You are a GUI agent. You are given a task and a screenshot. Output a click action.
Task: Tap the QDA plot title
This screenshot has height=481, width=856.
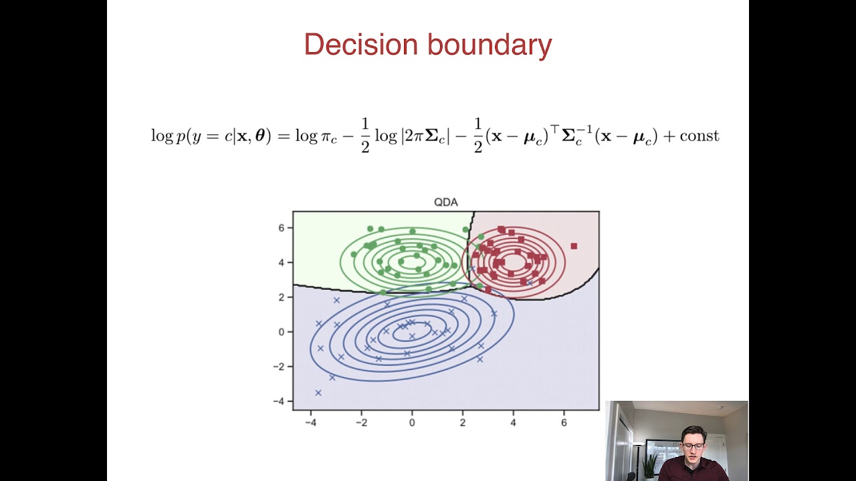pos(446,202)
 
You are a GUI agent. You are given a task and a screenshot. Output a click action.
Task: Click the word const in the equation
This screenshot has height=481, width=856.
pos(699,136)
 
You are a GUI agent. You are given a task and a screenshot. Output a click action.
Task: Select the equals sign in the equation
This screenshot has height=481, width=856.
pos(283,136)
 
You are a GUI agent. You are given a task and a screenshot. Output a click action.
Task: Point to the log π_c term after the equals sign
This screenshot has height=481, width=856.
pos(316,136)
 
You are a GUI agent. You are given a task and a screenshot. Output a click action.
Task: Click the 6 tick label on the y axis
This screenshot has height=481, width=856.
pos(282,228)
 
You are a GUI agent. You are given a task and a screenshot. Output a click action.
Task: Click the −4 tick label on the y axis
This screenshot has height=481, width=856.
pos(278,401)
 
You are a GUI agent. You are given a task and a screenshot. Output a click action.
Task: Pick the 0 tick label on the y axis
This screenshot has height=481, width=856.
pos(282,331)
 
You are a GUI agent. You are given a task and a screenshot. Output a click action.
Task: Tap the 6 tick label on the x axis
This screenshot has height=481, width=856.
pos(564,422)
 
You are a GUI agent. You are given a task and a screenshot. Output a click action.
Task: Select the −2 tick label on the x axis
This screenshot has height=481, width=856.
pos(361,422)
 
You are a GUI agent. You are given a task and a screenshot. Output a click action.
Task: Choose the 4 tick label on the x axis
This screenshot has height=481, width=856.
pos(513,422)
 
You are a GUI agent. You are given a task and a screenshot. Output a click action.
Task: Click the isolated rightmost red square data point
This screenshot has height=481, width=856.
pos(573,247)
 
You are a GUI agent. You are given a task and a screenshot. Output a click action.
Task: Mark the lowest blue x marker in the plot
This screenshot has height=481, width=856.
pos(318,393)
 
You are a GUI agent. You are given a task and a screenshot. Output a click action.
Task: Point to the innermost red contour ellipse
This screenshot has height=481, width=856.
pos(514,262)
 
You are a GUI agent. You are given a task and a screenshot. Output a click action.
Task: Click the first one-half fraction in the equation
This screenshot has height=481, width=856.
pos(365,136)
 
